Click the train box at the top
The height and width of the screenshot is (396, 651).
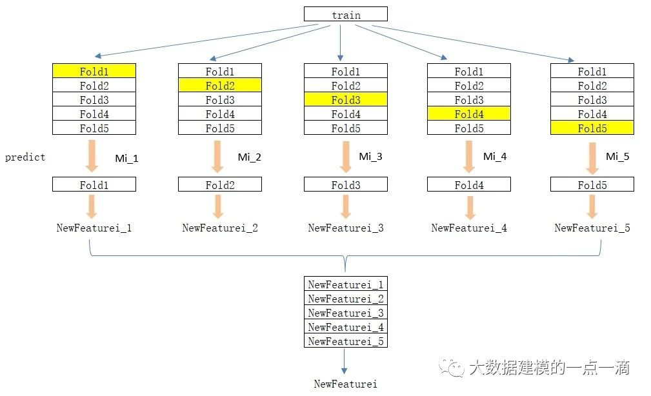(x=346, y=14)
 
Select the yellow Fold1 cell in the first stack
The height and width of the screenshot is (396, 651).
(x=94, y=71)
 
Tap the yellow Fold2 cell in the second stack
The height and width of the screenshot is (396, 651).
(x=219, y=85)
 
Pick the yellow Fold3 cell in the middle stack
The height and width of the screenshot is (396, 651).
(x=345, y=99)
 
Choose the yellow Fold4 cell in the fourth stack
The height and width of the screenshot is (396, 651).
(x=468, y=114)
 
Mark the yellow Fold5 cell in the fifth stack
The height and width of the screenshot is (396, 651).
(x=592, y=128)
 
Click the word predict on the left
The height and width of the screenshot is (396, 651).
(x=25, y=157)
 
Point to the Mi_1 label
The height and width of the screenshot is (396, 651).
(x=126, y=157)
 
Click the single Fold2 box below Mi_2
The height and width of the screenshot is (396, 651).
(x=219, y=184)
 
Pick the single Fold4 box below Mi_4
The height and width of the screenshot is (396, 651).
(x=468, y=184)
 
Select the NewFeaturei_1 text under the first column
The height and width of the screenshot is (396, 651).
(x=94, y=228)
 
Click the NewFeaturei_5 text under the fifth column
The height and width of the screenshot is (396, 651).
(x=592, y=228)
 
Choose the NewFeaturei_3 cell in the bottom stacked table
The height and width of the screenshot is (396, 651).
(x=345, y=313)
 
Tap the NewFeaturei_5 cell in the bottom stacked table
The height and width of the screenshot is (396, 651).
(x=345, y=341)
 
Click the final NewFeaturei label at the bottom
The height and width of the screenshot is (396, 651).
(x=345, y=384)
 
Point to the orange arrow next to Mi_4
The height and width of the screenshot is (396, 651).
(x=470, y=157)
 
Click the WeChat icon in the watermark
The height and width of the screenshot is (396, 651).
(x=451, y=367)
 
